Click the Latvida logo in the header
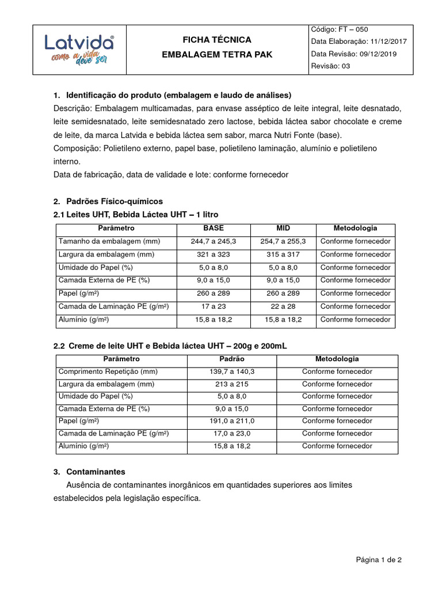pos(79,49)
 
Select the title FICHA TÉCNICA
pos(217,40)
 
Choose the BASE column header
pos(214,228)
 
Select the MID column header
pos(283,228)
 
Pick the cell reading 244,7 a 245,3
pos(214,242)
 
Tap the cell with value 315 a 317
pos(283,254)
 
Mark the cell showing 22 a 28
pos(283,307)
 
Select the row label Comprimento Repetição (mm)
pos(108,372)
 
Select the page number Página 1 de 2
pos(379,560)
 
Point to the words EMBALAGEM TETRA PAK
pos(217,54)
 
